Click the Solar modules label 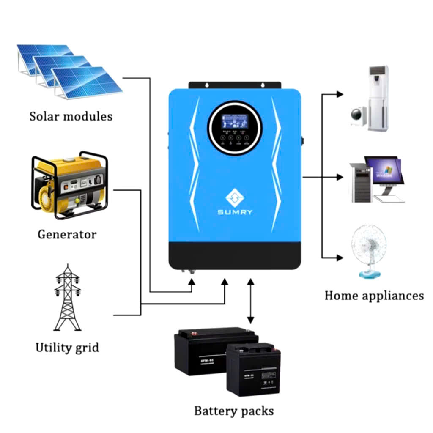tap(71, 116)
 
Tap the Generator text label tap(67, 234)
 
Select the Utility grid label tap(67, 348)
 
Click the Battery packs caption tap(233, 410)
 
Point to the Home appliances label tap(374, 295)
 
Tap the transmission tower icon tap(67, 298)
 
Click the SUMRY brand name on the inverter tap(235, 212)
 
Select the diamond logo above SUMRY tap(235, 196)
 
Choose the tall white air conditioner tap(378, 98)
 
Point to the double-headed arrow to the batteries tap(251, 301)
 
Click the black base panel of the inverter tap(235, 256)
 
